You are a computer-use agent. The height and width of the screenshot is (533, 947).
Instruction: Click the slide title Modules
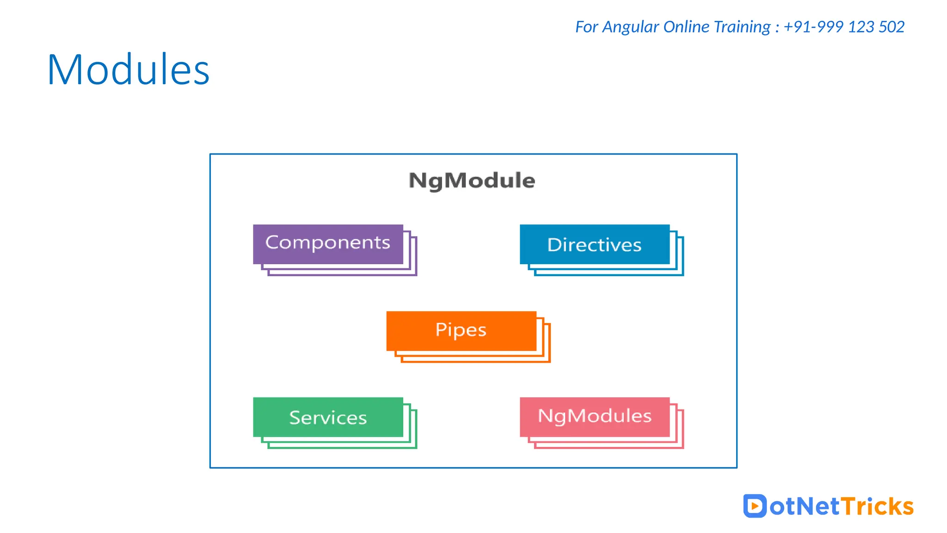(129, 70)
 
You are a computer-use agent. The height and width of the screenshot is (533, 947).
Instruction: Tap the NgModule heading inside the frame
(472, 180)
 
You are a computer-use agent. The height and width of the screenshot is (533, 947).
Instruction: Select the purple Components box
(328, 244)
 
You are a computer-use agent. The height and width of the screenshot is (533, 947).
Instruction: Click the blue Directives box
(595, 244)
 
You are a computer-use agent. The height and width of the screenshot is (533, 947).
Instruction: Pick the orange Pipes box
(461, 331)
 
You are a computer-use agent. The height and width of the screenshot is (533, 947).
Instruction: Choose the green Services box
(328, 417)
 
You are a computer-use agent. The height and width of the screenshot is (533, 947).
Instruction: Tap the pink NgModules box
(595, 417)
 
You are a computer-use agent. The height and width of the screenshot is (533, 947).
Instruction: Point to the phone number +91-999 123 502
(844, 27)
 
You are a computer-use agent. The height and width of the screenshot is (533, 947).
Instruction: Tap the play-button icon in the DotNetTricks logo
(755, 506)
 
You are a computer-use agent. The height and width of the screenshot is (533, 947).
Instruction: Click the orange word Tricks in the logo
(877, 506)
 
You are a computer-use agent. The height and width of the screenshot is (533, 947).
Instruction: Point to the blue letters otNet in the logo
(804, 506)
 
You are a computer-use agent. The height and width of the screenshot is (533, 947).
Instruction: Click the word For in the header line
(586, 27)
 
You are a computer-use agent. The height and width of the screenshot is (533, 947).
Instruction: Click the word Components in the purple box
(328, 243)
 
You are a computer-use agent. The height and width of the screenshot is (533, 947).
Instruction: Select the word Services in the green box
(328, 418)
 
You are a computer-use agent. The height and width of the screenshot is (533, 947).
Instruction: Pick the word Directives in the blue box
(595, 245)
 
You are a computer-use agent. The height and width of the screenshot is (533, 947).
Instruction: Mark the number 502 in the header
(892, 27)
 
